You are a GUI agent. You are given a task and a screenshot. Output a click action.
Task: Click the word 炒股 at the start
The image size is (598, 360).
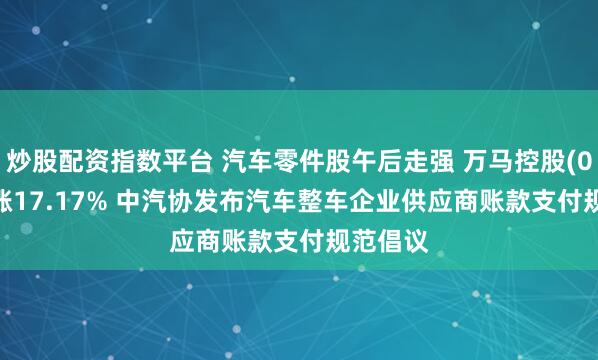(x=32, y=158)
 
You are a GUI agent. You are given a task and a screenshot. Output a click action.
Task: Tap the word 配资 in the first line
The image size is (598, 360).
(x=81, y=158)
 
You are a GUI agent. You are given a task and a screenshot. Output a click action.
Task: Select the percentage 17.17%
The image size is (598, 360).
(x=62, y=189)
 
